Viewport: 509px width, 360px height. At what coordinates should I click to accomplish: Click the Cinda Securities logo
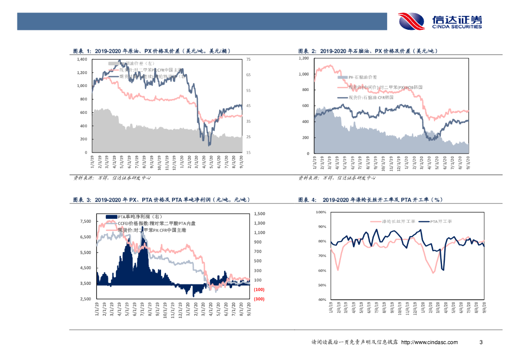pyautogui.click(x=440, y=21)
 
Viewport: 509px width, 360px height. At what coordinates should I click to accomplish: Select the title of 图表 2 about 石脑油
pyautogui.click(x=367, y=51)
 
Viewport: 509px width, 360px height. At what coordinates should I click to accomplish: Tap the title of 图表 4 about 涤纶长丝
pyautogui.click(x=370, y=200)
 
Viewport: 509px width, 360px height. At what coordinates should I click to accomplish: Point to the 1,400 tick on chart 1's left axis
pyautogui.click(x=82, y=59)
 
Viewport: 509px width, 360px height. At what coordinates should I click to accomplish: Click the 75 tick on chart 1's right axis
pyautogui.click(x=249, y=59)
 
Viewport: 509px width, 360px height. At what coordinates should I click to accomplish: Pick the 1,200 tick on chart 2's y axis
pyautogui.click(x=303, y=59)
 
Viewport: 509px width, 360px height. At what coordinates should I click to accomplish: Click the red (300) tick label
pyautogui.click(x=259, y=299)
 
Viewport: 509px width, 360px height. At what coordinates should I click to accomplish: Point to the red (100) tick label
pyautogui.click(x=259, y=289)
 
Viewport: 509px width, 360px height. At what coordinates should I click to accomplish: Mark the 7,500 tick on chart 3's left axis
pyautogui.click(x=85, y=222)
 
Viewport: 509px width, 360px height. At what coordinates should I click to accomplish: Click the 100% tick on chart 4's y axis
pyautogui.click(x=320, y=212)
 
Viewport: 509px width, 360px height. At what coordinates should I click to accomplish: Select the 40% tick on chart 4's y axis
pyautogui.click(x=321, y=300)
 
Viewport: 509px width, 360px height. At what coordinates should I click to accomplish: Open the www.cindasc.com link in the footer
pyautogui.click(x=429, y=342)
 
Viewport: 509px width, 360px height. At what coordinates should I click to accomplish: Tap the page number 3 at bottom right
pyautogui.click(x=480, y=342)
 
